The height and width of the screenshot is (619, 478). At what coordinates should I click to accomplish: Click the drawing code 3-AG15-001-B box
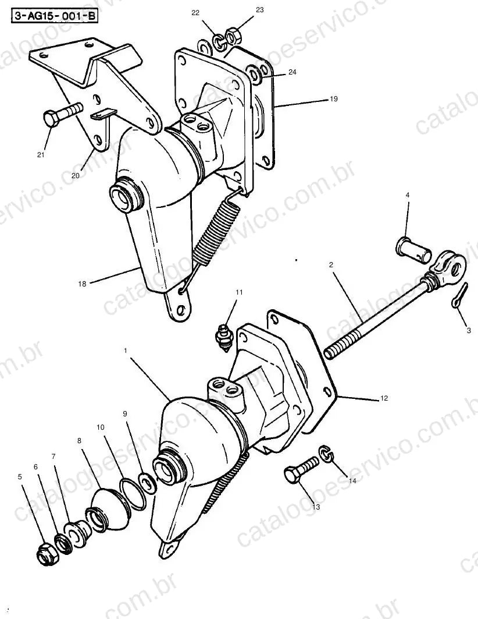point(54,16)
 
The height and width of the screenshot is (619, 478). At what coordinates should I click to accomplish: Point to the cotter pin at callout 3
point(459,296)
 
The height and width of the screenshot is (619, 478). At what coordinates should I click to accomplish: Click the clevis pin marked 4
point(413,249)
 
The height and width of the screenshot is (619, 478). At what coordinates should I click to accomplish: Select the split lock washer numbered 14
point(326,454)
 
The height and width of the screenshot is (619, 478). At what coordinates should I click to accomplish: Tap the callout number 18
point(82,284)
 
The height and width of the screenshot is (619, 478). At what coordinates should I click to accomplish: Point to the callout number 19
point(334,98)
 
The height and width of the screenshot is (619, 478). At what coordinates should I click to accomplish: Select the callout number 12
point(384,398)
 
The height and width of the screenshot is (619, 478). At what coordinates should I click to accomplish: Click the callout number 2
point(331,265)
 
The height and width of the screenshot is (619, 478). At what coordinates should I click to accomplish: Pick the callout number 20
point(75,175)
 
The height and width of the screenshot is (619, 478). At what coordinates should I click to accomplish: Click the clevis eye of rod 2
point(450,268)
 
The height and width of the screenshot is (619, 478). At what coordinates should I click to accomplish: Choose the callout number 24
point(292,72)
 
